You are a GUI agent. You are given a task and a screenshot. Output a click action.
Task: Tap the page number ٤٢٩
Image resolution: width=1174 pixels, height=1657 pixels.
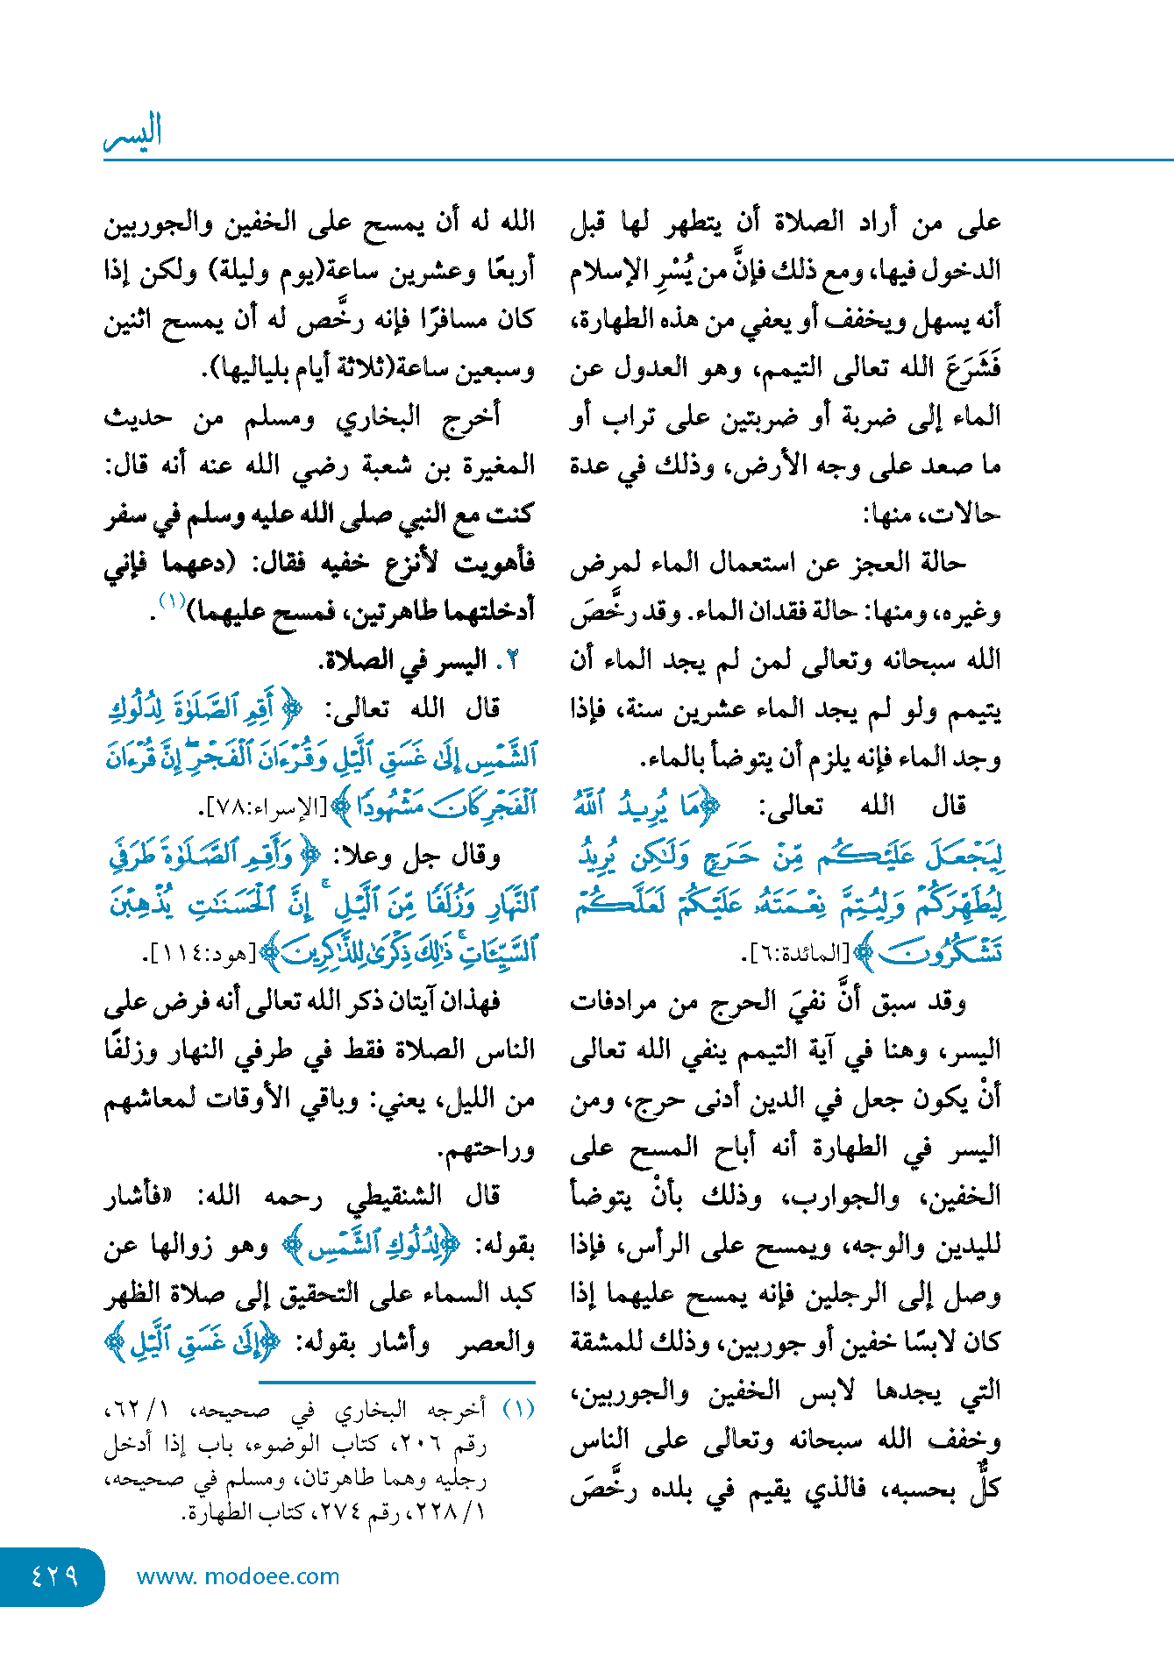point(54,1576)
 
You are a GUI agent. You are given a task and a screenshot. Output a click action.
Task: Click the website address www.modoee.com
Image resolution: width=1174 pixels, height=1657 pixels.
point(238,1576)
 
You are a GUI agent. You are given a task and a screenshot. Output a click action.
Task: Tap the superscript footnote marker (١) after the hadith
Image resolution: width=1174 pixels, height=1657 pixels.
point(170,601)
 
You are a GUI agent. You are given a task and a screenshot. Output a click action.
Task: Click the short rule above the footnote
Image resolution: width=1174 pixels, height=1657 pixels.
point(396,1383)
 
